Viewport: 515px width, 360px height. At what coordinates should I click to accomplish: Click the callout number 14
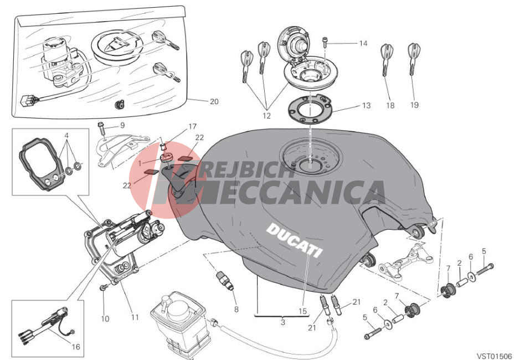coord(363,43)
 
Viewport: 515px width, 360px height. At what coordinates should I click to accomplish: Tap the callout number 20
coord(214,101)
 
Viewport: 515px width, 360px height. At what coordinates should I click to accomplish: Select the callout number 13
coord(366,105)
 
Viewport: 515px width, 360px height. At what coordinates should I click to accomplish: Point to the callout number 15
coord(302,311)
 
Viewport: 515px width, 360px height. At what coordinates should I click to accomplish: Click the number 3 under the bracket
coord(283,322)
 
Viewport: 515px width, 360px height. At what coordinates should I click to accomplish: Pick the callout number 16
coord(76,347)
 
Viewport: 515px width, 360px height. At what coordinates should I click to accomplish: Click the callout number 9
coord(122,126)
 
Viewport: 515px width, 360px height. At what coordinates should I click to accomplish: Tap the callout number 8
coord(236,310)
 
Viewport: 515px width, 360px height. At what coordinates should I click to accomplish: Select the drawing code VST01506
coord(495,356)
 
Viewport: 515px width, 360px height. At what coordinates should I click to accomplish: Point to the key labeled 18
coord(387,60)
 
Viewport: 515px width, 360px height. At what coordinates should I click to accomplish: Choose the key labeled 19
coord(414,59)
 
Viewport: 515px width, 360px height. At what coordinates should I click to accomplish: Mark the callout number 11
coord(135,317)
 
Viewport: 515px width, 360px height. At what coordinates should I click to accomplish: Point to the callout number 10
coord(105,318)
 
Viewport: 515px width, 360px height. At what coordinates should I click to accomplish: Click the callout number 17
coord(193,126)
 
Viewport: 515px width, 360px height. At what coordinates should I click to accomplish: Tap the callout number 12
coord(266,116)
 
